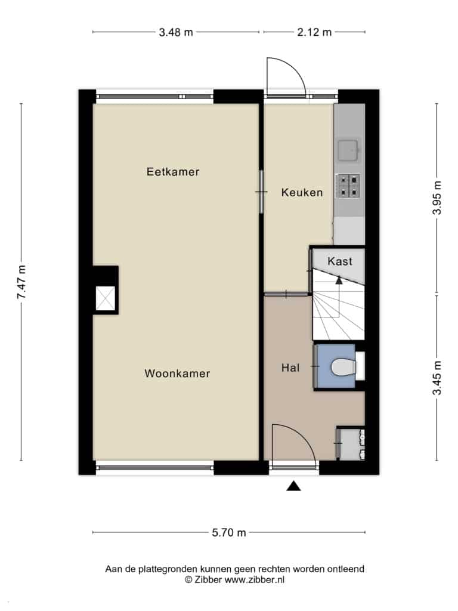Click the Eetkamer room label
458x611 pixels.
(x=173, y=172)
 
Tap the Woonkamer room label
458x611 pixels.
(x=177, y=374)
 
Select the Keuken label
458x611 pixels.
(x=302, y=192)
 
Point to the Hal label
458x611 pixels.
(x=290, y=368)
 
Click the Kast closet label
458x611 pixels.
(x=340, y=261)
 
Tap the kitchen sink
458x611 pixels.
(x=348, y=150)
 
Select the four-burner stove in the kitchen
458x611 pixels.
(x=348, y=186)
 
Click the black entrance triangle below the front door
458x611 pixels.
(x=293, y=486)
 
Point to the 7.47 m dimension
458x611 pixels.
(x=22, y=282)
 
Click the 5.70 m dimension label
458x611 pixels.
(x=229, y=532)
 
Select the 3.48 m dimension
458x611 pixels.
(x=176, y=32)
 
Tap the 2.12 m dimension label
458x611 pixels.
(x=314, y=32)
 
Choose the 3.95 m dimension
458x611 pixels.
(x=437, y=198)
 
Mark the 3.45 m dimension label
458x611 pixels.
(x=437, y=378)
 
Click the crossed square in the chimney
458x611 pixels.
(x=106, y=298)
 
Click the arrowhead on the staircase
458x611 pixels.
(x=339, y=279)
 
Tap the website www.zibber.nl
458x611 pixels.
(x=254, y=579)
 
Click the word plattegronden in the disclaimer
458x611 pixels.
(x=169, y=569)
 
